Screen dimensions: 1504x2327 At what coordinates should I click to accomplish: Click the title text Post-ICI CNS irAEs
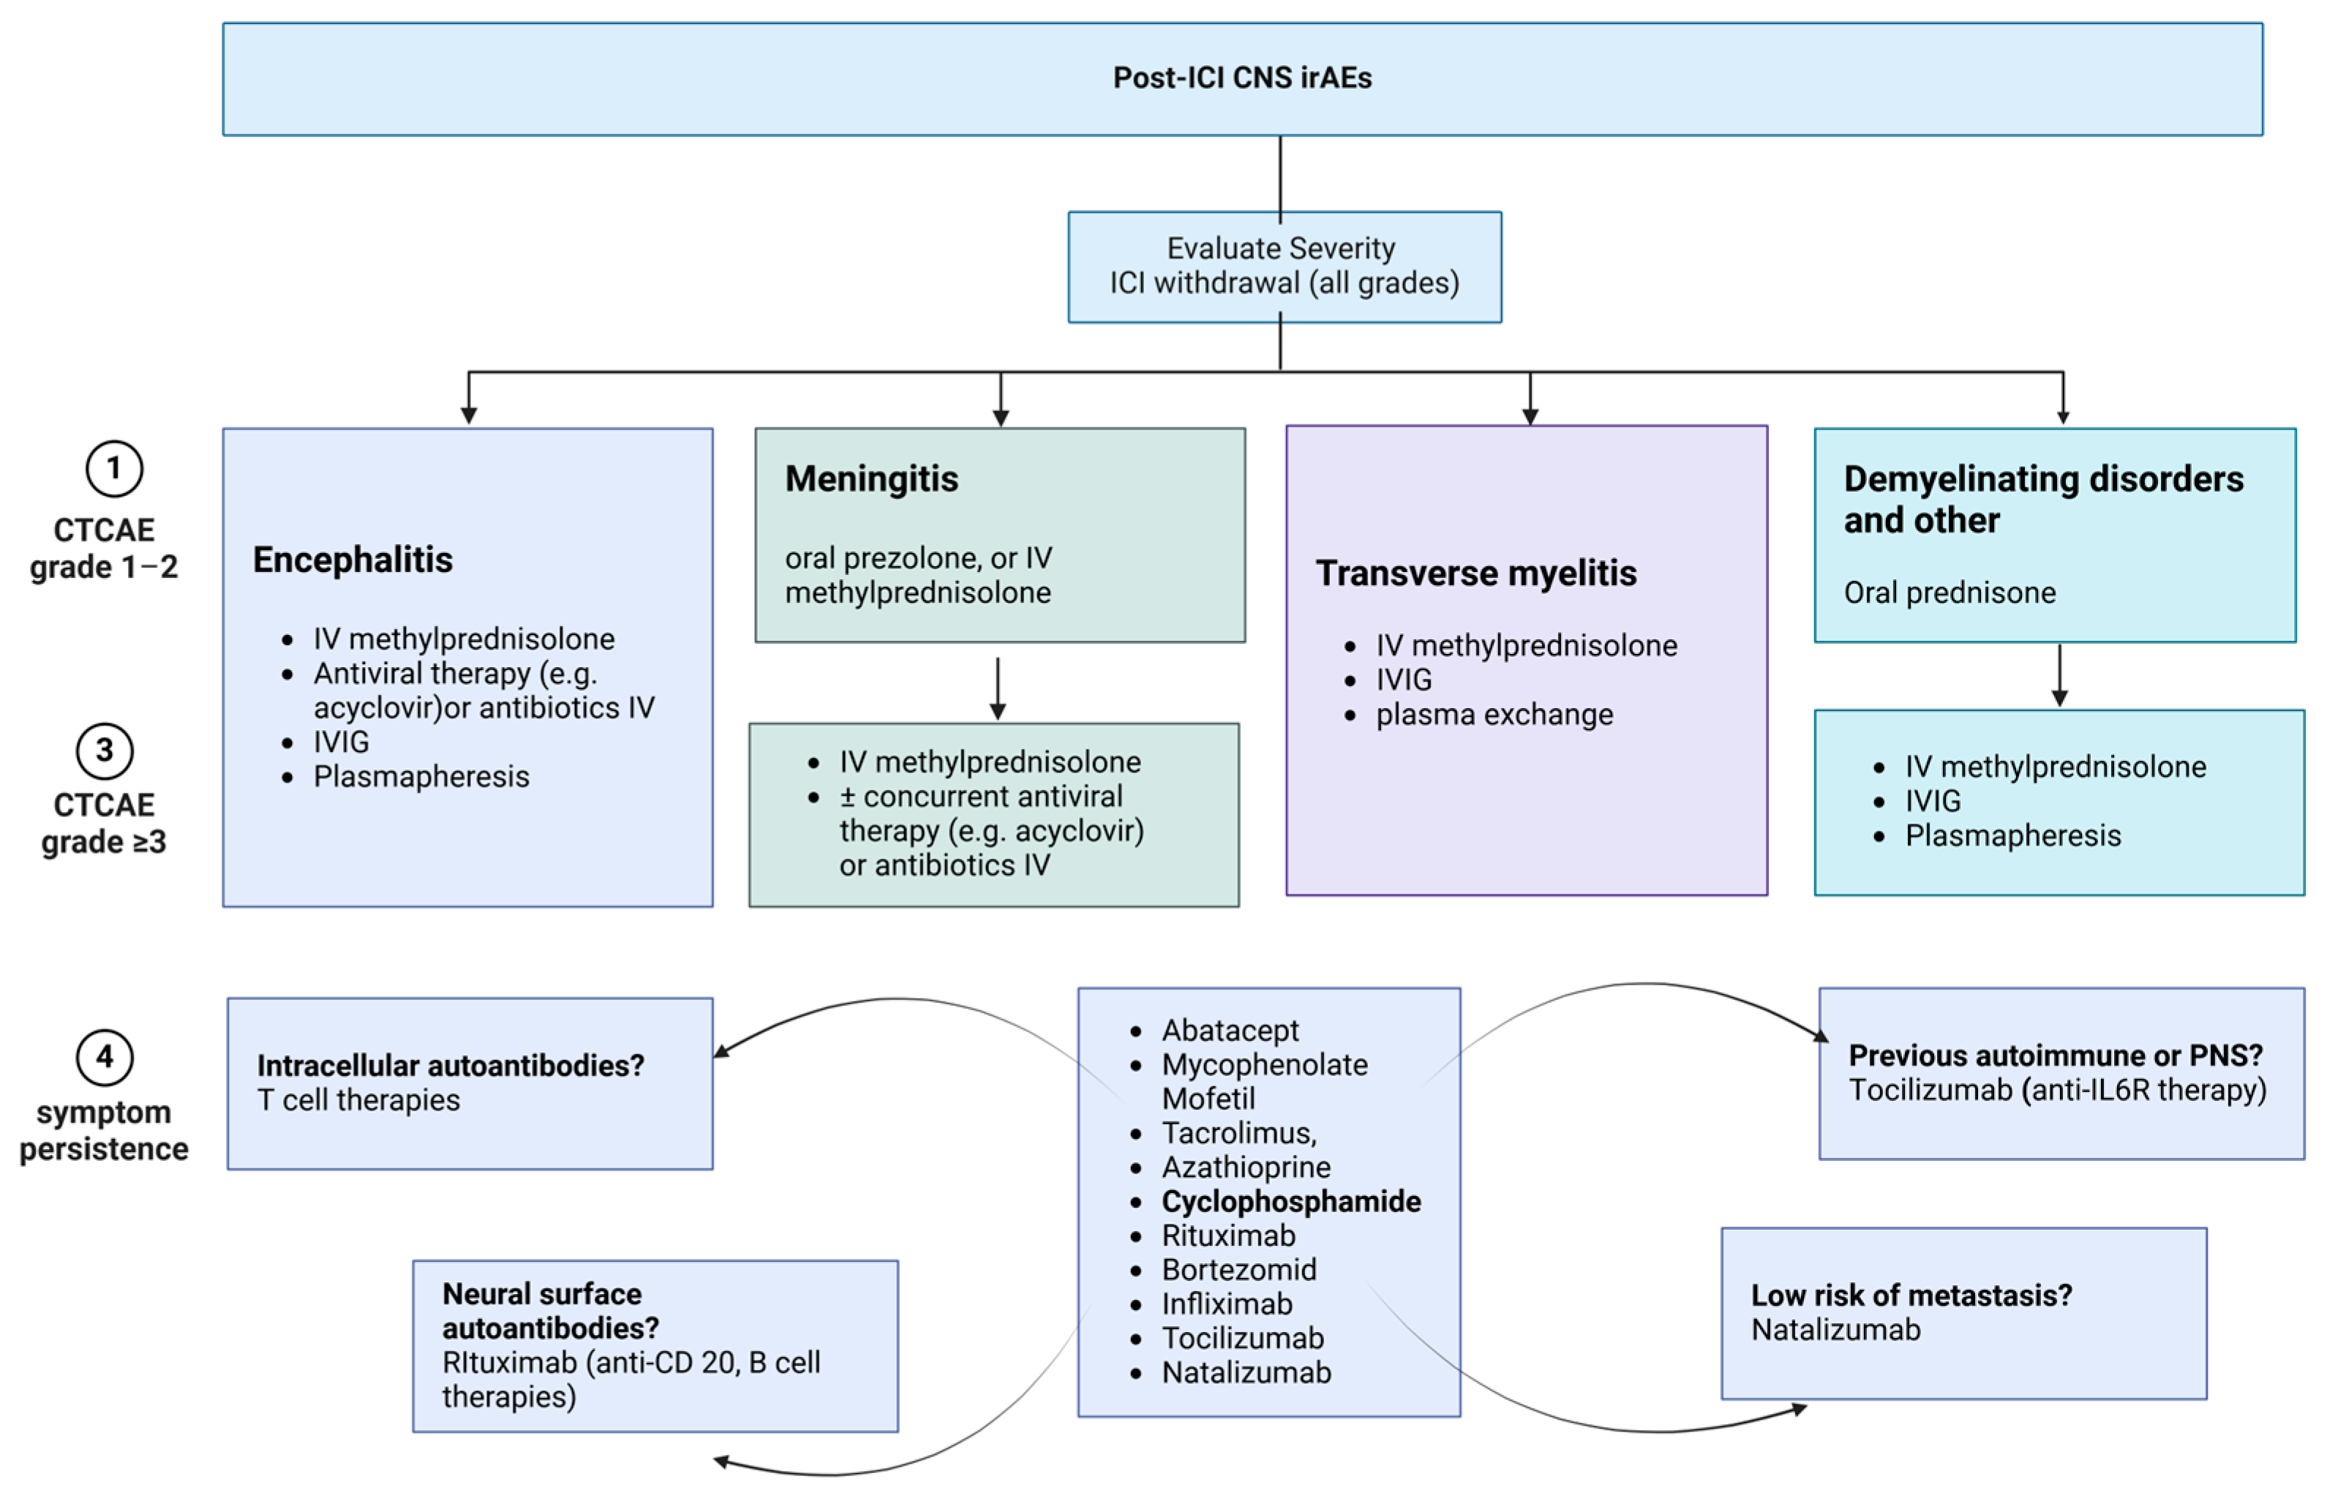point(1241,78)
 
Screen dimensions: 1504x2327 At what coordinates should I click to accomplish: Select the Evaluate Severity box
point(1283,266)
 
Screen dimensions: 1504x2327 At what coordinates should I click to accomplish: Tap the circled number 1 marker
point(114,469)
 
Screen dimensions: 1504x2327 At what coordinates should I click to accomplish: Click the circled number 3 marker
point(105,751)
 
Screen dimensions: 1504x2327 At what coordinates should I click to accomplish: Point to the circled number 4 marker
point(105,1058)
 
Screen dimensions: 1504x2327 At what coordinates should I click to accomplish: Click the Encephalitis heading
point(353,560)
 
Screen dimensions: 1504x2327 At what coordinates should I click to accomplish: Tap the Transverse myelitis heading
point(1475,574)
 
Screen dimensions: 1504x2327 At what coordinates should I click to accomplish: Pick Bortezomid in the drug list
point(1238,1270)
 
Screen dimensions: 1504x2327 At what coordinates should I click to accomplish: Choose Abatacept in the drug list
point(1230,1030)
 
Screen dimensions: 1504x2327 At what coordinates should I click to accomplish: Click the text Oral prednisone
point(1948,593)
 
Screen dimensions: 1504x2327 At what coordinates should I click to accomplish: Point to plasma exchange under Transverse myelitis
point(1493,715)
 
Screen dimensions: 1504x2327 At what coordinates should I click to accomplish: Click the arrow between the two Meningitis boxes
point(997,688)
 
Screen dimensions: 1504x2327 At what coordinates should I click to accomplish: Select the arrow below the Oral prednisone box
point(2059,675)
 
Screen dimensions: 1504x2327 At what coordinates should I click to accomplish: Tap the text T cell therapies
point(358,1101)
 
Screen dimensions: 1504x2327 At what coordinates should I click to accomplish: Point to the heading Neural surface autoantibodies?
point(550,1312)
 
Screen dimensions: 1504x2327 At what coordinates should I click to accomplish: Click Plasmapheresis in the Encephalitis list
point(421,778)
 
